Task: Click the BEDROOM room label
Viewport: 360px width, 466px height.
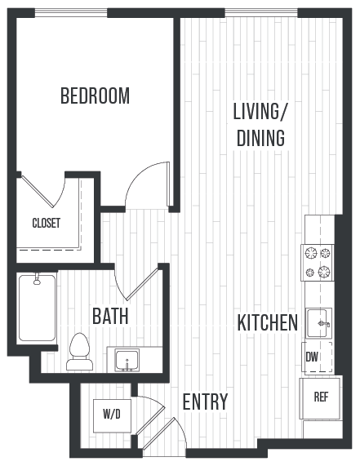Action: (95, 96)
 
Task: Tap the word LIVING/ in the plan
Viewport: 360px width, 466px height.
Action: (260, 111)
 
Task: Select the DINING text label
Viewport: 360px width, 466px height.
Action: (260, 138)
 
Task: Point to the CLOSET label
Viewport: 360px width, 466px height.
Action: (46, 223)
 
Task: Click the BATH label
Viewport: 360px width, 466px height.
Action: (110, 316)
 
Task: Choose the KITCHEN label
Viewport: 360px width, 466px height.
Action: (267, 323)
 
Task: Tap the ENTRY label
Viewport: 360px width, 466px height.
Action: (205, 402)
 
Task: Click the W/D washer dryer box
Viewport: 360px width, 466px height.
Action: (111, 414)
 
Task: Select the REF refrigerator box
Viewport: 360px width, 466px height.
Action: (321, 398)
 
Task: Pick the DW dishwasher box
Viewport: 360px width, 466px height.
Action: (312, 357)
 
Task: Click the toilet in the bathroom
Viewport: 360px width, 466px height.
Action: (80, 346)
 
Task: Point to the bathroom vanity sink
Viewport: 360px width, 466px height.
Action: (127, 359)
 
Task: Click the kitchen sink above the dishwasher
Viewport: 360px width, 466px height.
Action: (318, 323)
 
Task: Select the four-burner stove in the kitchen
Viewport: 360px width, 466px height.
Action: (318, 262)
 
